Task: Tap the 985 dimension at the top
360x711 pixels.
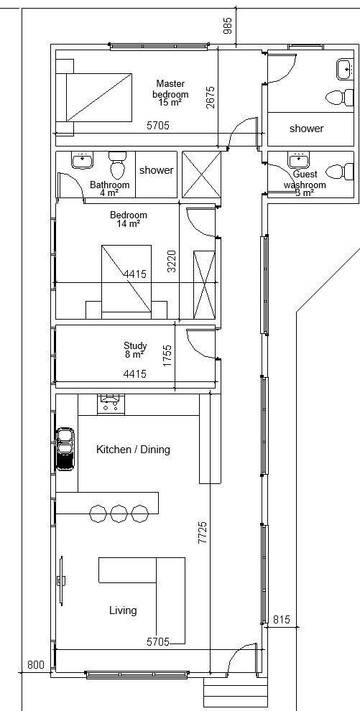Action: point(228,25)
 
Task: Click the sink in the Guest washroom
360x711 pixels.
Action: point(297,159)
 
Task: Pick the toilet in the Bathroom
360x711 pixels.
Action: point(116,166)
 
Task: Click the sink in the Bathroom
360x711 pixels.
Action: point(80,159)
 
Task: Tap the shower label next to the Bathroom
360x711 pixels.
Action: point(156,170)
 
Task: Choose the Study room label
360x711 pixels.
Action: point(135,350)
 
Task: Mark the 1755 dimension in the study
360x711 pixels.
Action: point(167,355)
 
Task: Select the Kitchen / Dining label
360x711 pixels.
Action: point(133,450)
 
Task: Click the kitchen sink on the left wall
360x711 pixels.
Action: point(65,449)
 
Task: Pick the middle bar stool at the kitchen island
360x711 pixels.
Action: point(119,513)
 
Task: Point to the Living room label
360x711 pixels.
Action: point(123,610)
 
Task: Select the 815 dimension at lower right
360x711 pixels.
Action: point(282,620)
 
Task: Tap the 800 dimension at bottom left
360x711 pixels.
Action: point(35,665)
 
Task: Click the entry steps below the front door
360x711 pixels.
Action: point(235,692)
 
